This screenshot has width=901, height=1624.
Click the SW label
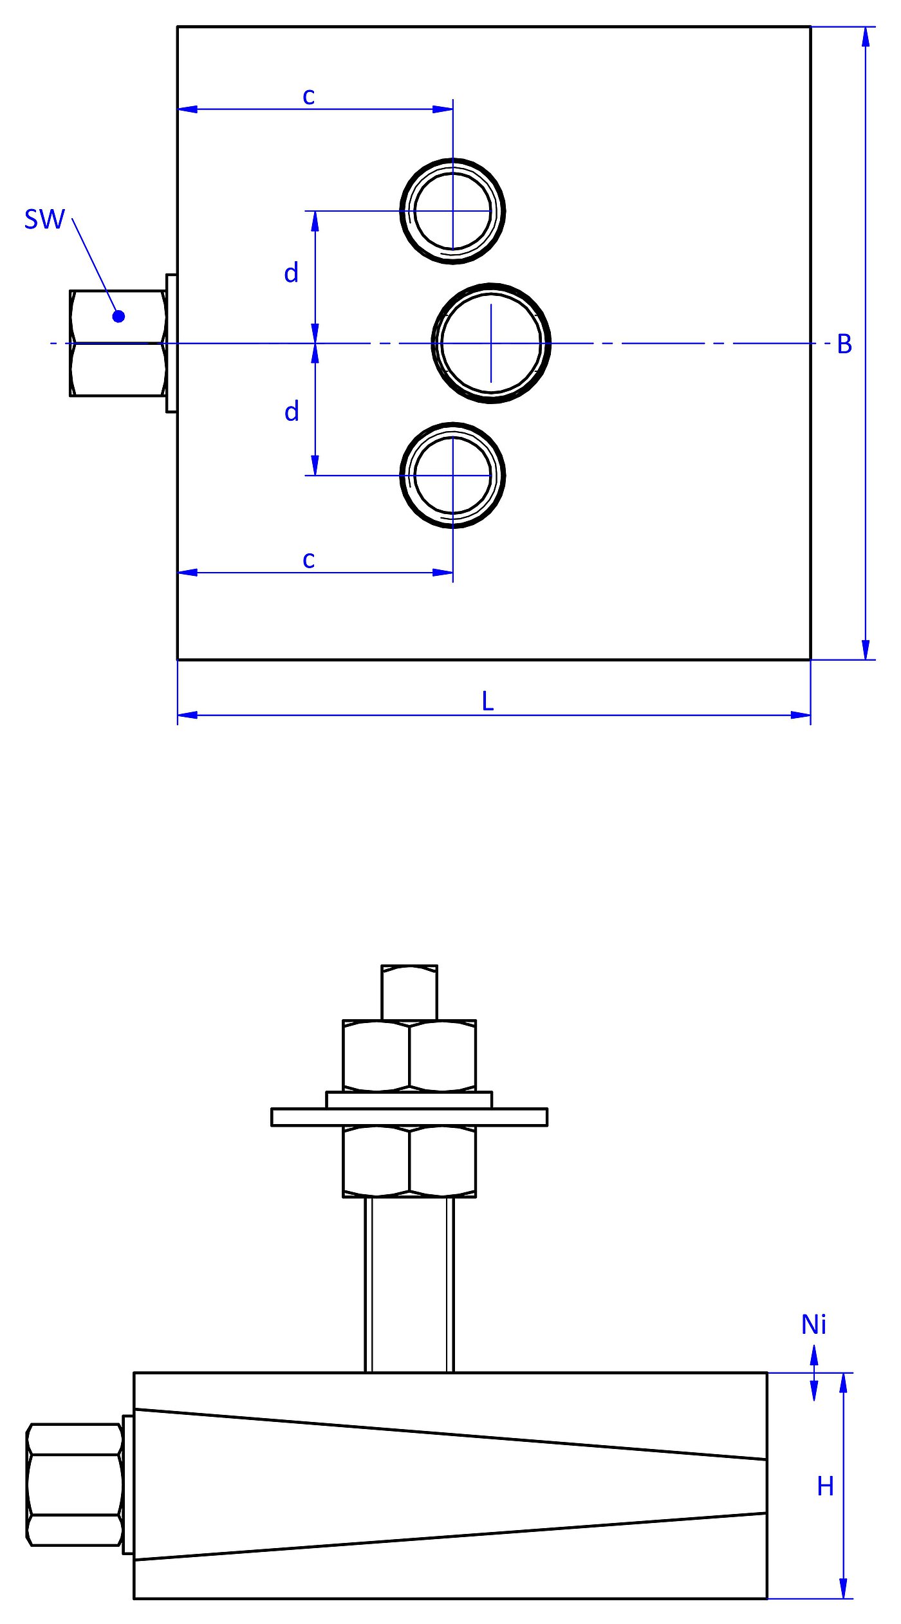(x=44, y=219)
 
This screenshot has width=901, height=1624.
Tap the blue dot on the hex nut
(x=118, y=316)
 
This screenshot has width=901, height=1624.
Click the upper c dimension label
(x=309, y=97)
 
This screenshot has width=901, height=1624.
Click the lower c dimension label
(x=309, y=560)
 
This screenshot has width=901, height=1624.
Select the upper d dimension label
(x=292, y=273)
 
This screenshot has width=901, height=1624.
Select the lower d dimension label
(x=292, y=412)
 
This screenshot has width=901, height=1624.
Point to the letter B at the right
(x=844, y=344)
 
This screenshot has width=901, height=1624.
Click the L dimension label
(x=488, y=701)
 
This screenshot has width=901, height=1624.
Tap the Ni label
(x=813, y=1325)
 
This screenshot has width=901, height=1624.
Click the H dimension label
(x=825, y=1487)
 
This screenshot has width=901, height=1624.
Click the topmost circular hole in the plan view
(x=452, y=211)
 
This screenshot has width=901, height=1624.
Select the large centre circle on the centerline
(x=491, y=343)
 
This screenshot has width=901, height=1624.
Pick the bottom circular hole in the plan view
(x=452, y=475)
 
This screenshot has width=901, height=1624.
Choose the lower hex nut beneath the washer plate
(x=409, y=1161)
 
